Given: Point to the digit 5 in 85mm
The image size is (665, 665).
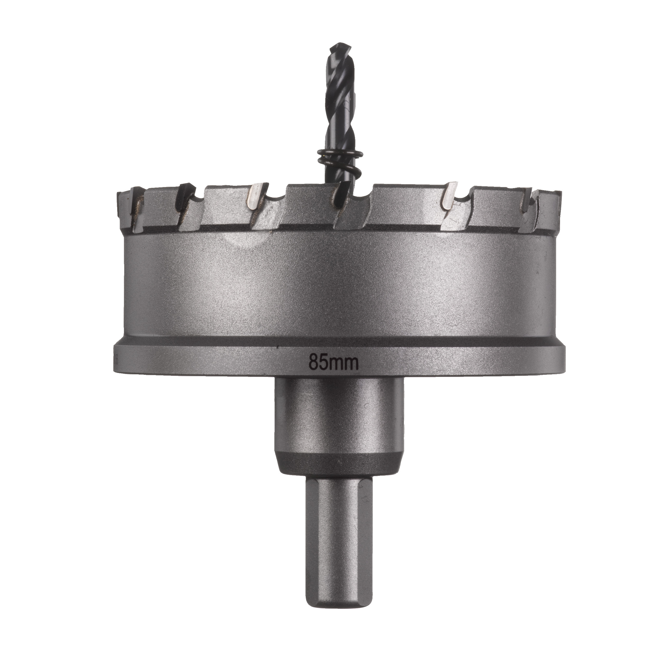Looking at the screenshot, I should [324, 362].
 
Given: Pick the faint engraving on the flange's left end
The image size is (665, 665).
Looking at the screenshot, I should [117, 358].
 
